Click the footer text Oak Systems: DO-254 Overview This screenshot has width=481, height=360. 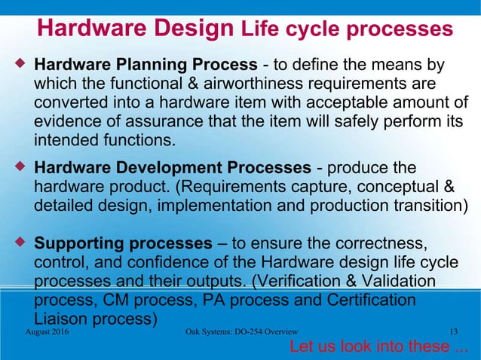pyautogui.click(x=240, y=331)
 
